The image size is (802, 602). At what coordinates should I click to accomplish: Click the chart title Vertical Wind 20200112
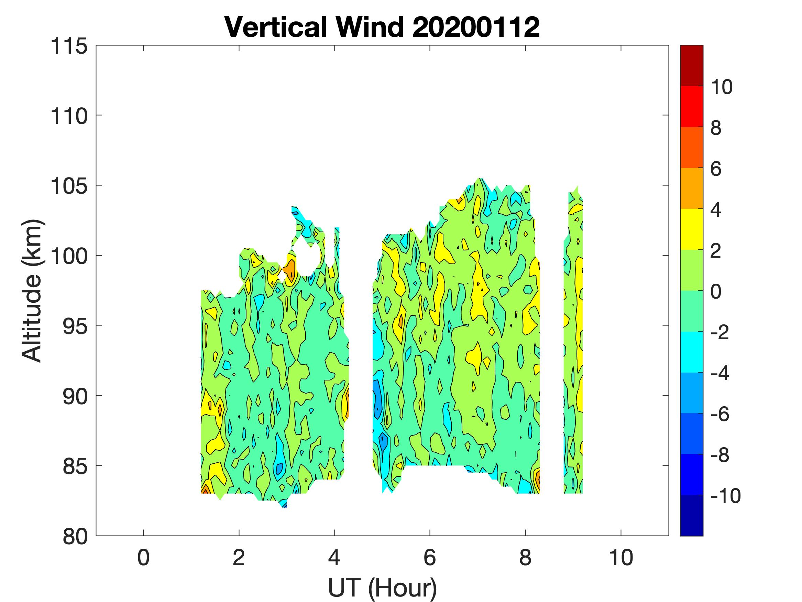pyautogui.click(x=382, y=27)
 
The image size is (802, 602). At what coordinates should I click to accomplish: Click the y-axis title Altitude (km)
pyautogui.click(x=32, y=290)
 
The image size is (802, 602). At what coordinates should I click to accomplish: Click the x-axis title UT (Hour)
pyautogui.click(x=382, y=588)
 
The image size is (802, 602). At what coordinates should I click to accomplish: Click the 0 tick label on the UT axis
pyautogui.click(x=144, y=558)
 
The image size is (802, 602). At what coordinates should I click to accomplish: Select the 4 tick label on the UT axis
pyautogui.click(x=334, y=558)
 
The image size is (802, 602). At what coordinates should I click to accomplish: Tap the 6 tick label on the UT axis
pyautogui.click(x=430, y=558)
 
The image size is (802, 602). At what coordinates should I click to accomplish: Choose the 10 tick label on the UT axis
pyautogui.click(x=621, y=558)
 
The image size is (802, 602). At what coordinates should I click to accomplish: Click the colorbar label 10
pyautogui.click(x=721, y=87)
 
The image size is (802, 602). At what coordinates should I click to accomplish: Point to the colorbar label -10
pyautogui.click(x=725, y=496)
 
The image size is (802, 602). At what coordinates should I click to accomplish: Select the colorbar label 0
pyautogui.click(x=716, y=291)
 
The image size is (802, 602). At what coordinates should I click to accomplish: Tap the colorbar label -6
pyautogui.click(x=720, y=414)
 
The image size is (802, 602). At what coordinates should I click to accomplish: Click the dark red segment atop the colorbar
pyautogui.click(x=691, y=65)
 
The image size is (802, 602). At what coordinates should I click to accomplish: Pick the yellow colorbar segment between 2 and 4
pyautogui.click(x=691, y=229)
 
